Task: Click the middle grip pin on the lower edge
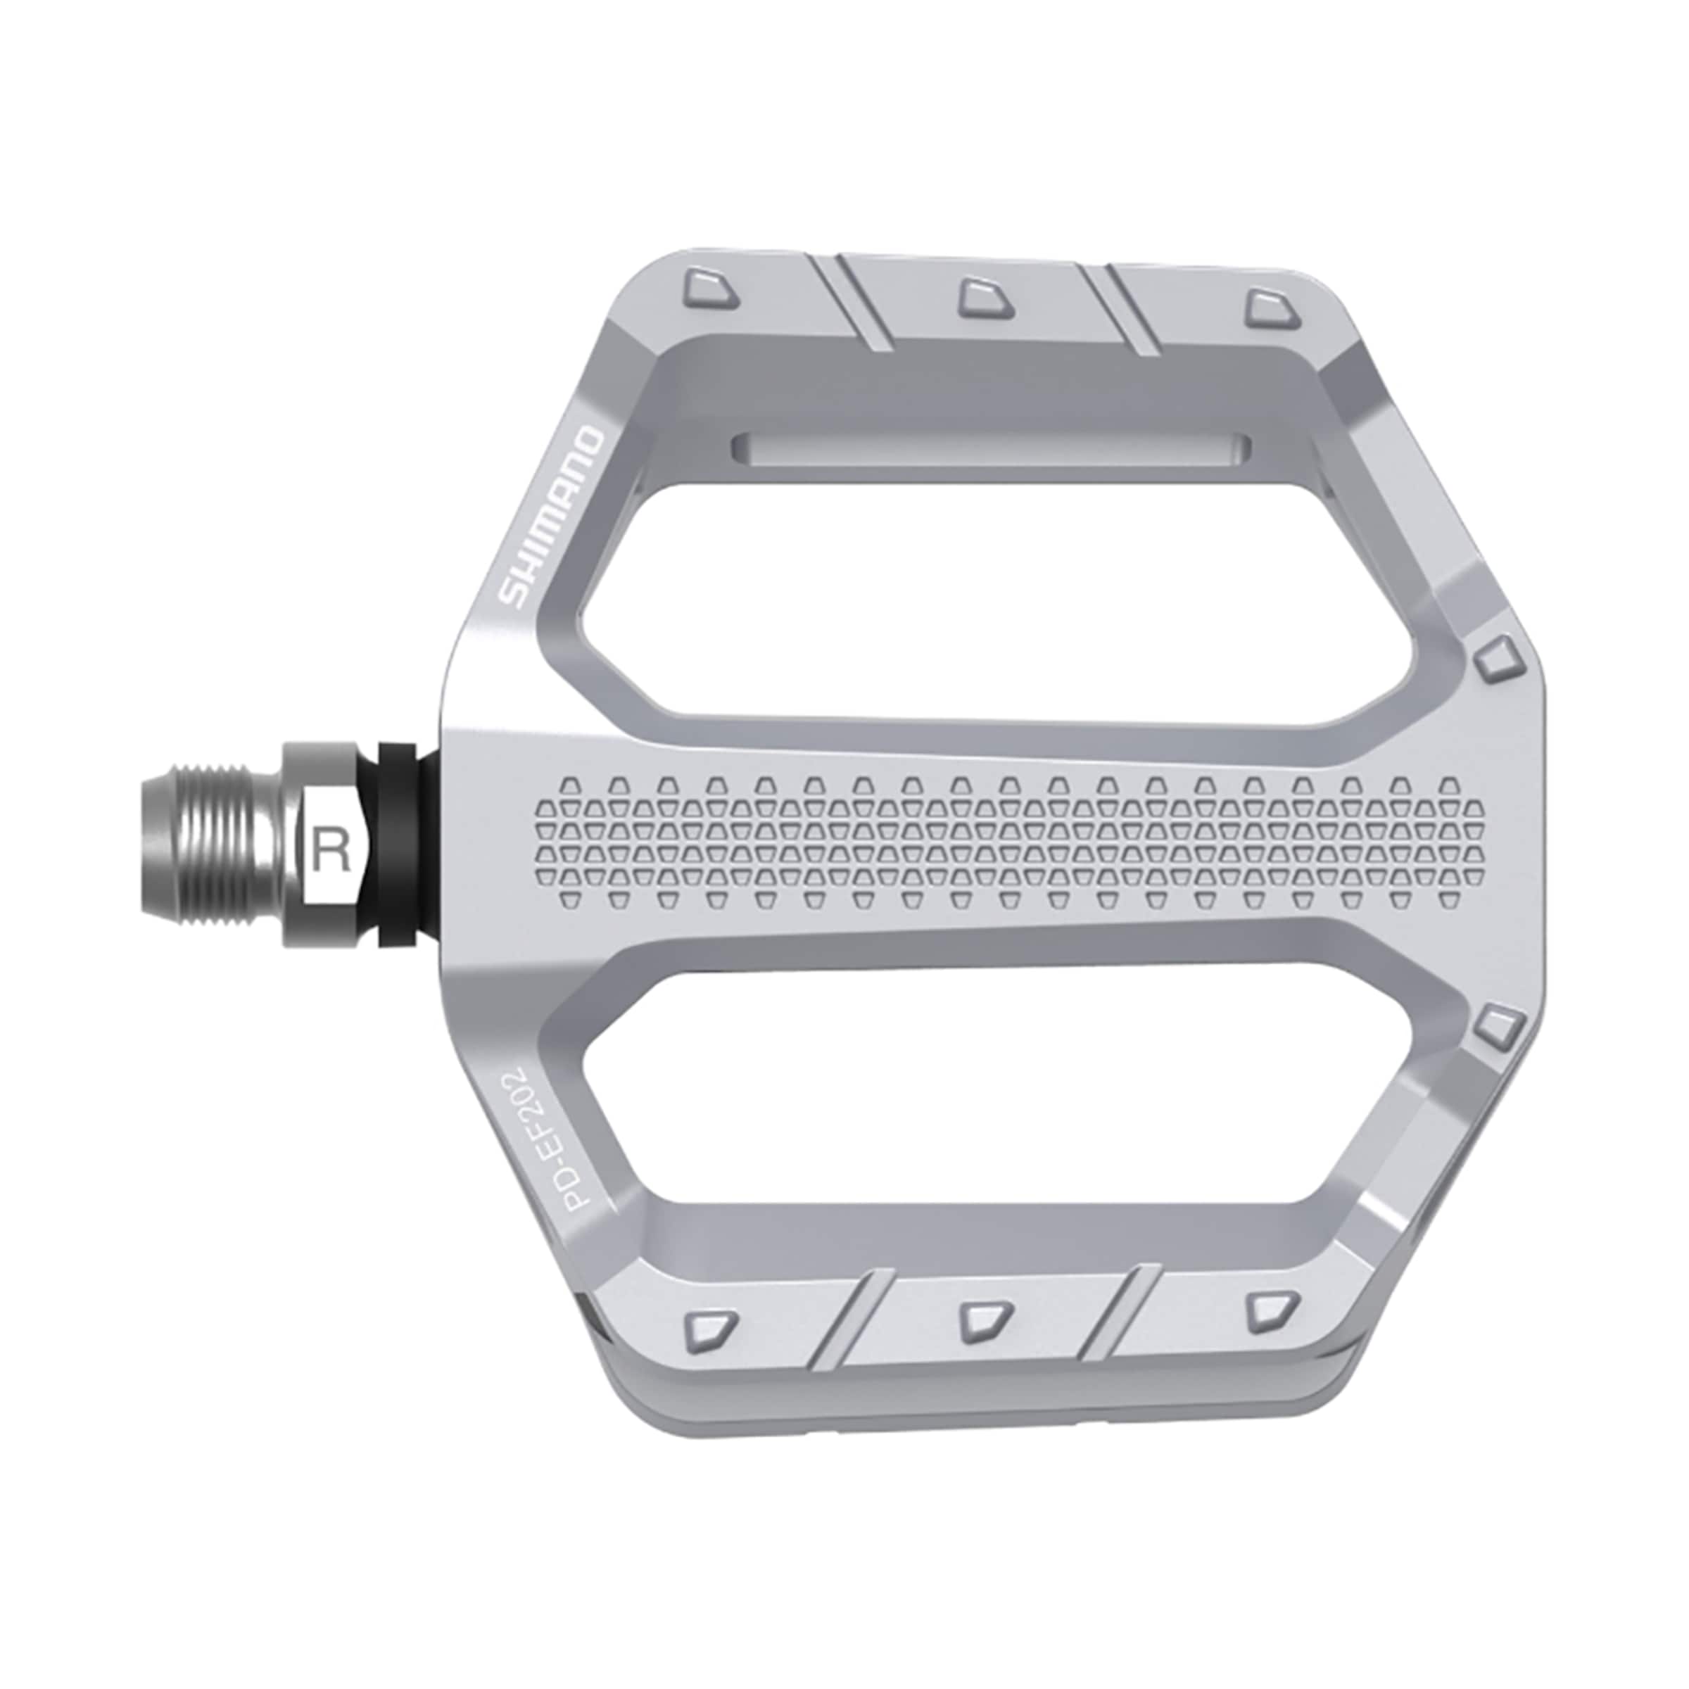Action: pos(985,1321)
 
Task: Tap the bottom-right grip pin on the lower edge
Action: pos(1270,1311)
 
